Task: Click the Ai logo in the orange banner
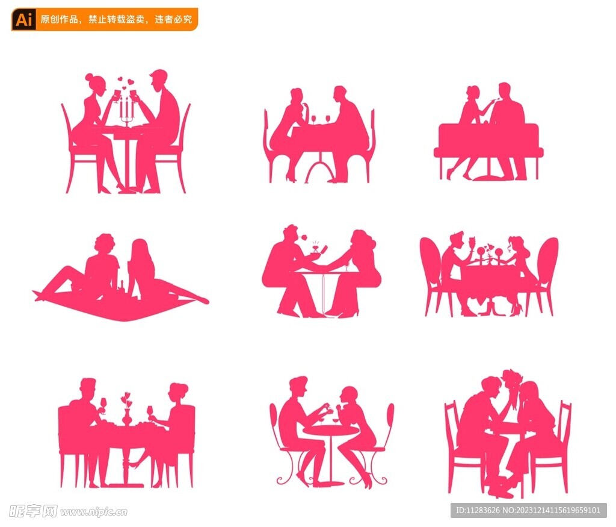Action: click(23, 19)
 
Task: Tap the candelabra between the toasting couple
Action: click(126, 111)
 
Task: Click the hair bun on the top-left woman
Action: click(89, 76)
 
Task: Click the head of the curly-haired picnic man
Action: click(105, 244)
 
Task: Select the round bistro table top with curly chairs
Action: click(330, 431)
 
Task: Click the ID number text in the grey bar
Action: click(528, 510)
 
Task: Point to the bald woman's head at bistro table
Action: click(349, 395)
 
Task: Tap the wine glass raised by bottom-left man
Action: click(103, 405)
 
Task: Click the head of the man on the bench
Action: click(505, 90)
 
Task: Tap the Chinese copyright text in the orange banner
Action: click(116, 19)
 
